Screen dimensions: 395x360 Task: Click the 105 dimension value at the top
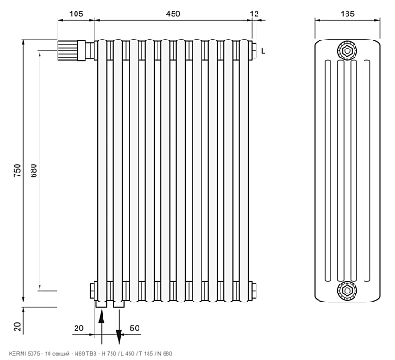click(x=76, y=13)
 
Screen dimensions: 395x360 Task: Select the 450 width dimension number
click(x=173, y=13)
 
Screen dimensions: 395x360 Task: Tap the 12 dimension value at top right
click(x=254, y=13)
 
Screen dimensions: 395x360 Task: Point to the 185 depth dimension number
click(x=347, y=13)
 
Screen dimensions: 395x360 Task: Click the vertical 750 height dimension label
click(x=18, y=170)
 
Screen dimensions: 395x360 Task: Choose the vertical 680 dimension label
click(x=33, y=170)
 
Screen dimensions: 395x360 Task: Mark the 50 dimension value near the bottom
click(x=135, y=328)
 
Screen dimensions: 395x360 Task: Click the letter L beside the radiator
click(x=263, y=51)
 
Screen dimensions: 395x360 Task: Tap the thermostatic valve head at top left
click(x=67, y=50)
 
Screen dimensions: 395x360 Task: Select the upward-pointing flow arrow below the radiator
click(x=102, y=327)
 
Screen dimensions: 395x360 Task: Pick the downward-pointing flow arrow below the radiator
click(x=119, y=327)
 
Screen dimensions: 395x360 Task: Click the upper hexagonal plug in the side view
click(x=347, y=50)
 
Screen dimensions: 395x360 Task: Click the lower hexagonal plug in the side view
click(x=347, y=290)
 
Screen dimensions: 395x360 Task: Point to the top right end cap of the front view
click(x=254, y=50)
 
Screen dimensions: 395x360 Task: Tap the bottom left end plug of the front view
click(x=93, y=290)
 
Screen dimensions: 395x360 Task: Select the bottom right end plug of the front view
click(x=254, y=290)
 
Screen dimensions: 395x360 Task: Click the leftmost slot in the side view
click(x=328, y=171)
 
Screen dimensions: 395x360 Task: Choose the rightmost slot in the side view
click(x=366, y=171)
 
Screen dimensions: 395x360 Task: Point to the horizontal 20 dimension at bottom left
click(x=78, y=328)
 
